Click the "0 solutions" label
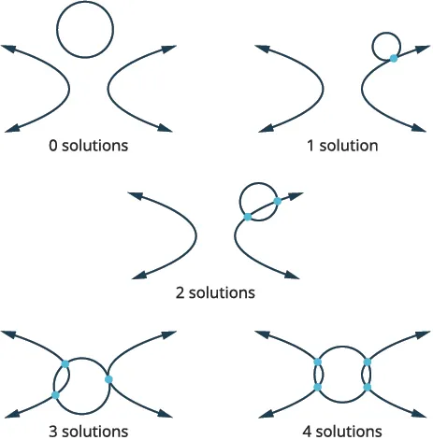pos(90,147)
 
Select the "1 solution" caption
pos(342,147)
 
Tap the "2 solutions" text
pos(215,292)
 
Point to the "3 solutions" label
pos(89,431)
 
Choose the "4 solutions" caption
pos(342,431)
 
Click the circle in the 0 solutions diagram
pos(85,29)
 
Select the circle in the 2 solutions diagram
pos(259,201)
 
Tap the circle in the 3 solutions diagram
pos(85,384)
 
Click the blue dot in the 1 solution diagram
pos(394,58)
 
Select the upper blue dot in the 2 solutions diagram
pos(278,201)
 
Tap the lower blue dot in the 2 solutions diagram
pos(247,217)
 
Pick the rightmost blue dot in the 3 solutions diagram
pos(109,379)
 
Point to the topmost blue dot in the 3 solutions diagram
pos(65,362)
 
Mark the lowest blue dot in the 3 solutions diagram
pos(56,395)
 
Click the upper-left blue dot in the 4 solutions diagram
pos(318,362)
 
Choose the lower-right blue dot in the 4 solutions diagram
pos(368,387)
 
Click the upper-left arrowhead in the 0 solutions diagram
pos(9,48)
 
